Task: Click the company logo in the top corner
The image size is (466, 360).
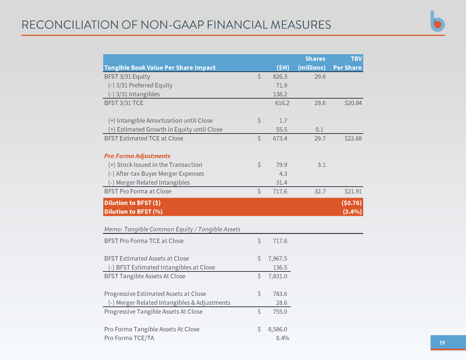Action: click(x=437, y=21)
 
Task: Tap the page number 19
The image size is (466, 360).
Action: click(x=442, y=343)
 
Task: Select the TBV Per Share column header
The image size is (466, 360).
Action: click(x=347, y=63)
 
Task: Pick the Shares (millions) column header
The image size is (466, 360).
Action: click(x=312, y=63)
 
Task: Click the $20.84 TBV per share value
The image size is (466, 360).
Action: click(x=353, y=103)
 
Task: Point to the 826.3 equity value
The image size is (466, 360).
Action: click(x=280, y=77)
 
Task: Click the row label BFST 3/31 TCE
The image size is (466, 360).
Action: click(x=124, y=103)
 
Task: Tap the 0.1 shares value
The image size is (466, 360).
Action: click(x=319, y=129)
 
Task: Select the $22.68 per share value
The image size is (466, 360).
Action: click(x=353, y=138)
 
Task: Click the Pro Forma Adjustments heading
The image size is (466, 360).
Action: click(x=137, y=156)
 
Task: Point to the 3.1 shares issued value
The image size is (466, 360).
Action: click(x=321, y=165)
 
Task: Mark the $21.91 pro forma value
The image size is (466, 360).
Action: click(x=353, y=191)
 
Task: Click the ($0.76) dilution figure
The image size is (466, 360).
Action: click(x=351, y=203)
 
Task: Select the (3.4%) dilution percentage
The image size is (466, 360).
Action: click(x=352, y=212)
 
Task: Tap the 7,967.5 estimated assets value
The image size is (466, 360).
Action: click(x=278, y=258)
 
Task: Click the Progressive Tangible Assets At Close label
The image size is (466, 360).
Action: click(x=153, y=312)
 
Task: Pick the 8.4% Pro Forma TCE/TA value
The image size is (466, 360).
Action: click(x=283, y=338)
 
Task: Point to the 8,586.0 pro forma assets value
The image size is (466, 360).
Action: click(x=278, y=329)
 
